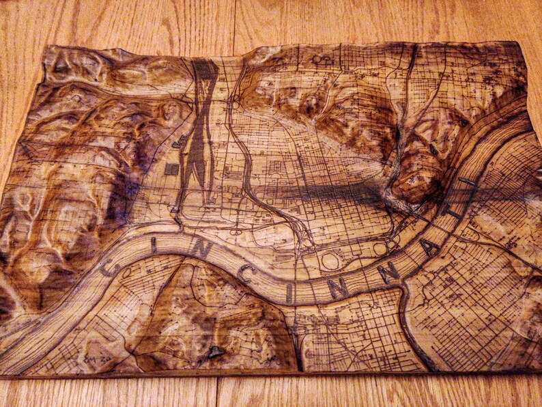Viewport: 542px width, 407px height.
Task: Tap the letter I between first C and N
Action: [x=154, y=246]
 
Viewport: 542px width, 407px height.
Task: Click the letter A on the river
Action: [x=430, y=247]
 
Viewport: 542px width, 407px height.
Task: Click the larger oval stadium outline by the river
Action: [x=330, y=260]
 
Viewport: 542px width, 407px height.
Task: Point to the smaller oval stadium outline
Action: [x=380, y=249]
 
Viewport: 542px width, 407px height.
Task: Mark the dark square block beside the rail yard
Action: [x=171, y=169]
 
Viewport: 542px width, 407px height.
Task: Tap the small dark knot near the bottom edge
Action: [x=216, y=352]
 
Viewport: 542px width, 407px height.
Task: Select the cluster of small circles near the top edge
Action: [x=321, y=59]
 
